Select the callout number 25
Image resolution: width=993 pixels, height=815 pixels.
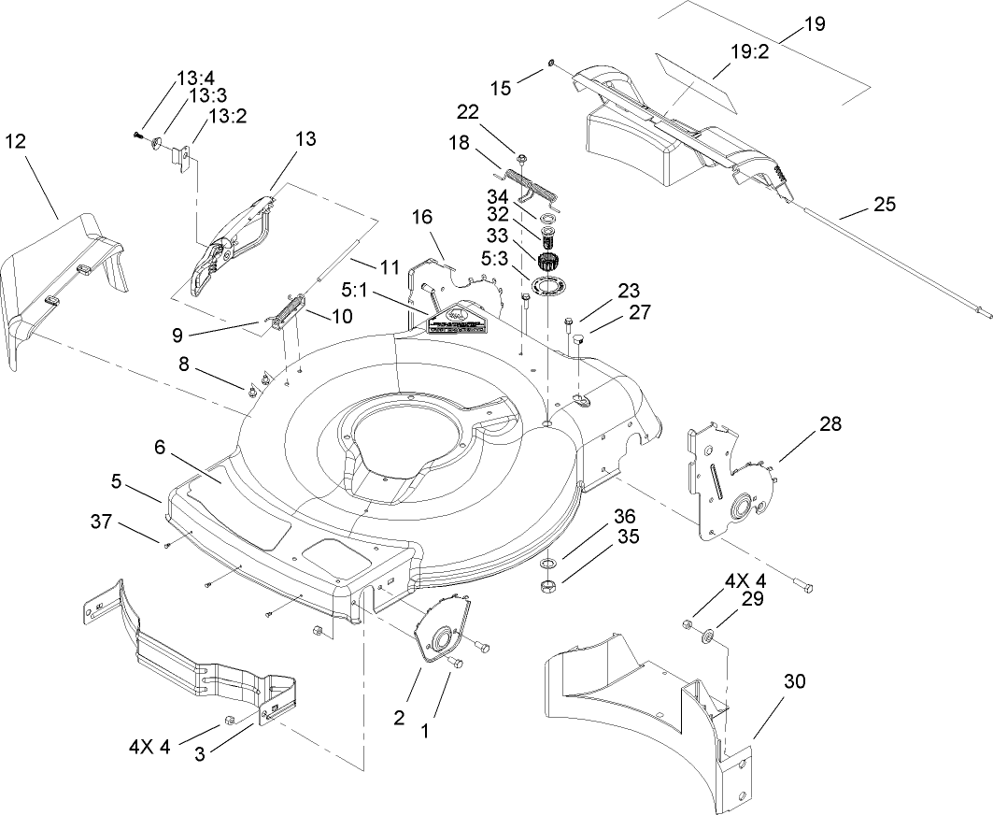[883, 204]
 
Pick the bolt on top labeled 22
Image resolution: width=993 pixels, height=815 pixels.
[520, 158]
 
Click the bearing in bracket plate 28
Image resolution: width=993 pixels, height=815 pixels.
[747, 508]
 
